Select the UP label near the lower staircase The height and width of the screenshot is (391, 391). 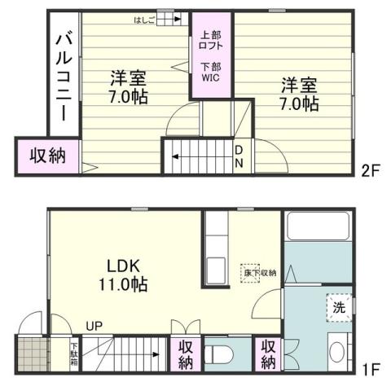pos(95,327)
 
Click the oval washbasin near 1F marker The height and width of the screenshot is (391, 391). pos(336,354)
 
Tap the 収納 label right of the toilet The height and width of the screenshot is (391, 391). pos(269,354)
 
